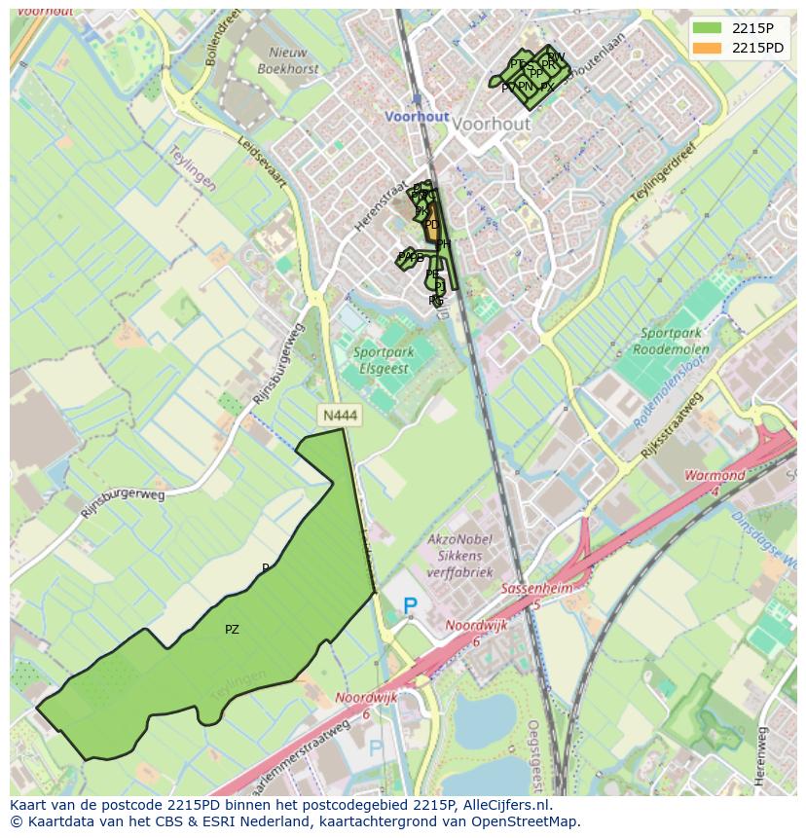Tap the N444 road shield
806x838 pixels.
[x=340, y=416]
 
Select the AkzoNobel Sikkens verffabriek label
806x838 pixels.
[x=460, y=556]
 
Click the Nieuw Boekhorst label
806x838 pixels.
[x=288, y=61]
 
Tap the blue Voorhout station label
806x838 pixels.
[x=417, y=116]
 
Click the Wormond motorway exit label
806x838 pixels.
[x=715, y=477]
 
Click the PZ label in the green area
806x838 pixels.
[x=232, y=630]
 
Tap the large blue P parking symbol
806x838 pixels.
[x=410, y=607]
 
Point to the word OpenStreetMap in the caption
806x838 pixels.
[x=531, y=821]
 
